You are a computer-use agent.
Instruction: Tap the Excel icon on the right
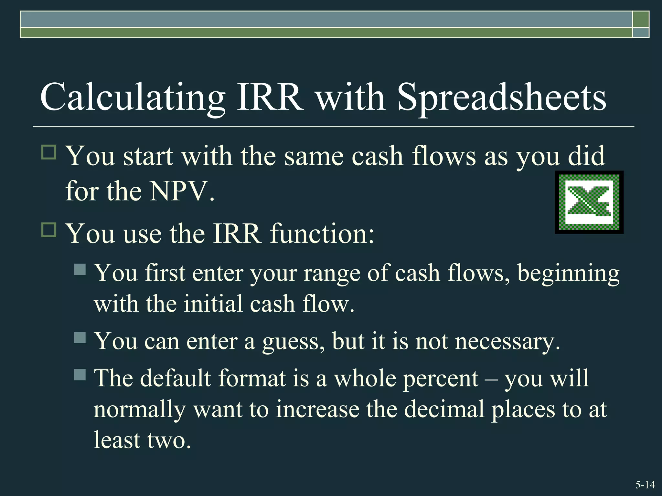point(589,202)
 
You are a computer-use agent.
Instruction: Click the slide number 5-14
point(645,485)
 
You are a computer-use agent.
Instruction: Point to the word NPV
point(182,191)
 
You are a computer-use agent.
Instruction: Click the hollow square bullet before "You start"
point(49,152)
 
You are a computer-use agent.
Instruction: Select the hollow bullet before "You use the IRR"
point(49,230)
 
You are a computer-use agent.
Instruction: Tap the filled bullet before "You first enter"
point(80,269)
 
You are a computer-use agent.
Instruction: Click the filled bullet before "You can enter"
point(80,338)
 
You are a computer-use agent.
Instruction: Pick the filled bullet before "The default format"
point(80,375)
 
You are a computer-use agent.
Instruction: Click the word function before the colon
point(322,233)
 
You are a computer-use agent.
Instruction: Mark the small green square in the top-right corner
point(641,19)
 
